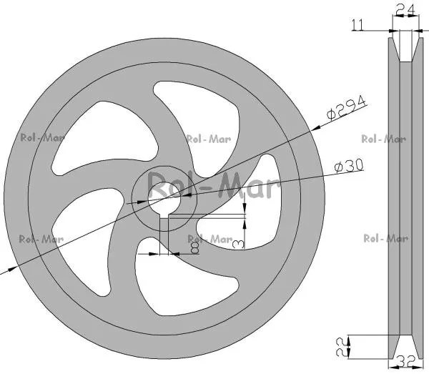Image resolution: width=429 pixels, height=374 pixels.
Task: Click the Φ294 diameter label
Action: click(x=346, y=108)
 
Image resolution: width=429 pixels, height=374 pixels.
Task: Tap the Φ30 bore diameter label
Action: click(x=349, y=166)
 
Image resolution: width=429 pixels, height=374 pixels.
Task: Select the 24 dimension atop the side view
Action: click(x=405, y=11)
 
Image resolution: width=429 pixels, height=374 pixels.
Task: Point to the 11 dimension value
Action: click(x=358, y=25)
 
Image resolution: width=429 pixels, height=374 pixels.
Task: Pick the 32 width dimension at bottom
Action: click(x=405, y=363)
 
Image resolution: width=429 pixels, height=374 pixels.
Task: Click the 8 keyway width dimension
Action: click(x=195, y=248)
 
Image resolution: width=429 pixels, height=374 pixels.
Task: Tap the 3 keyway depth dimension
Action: click(x=237, y=244)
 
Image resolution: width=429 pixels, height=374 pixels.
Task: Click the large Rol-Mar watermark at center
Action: click(x=213, y=185)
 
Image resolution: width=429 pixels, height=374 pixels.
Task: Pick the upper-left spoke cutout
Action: click(x=107, y=137)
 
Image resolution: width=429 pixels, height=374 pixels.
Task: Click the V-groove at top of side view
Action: click(x=405, y=49)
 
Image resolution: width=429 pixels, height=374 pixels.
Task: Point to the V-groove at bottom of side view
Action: click(x=405, y=347)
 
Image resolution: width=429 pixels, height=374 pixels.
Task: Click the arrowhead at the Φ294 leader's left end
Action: click(x=11, y=270)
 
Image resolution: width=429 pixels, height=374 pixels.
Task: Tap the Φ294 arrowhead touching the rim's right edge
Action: click(x=317, y=127)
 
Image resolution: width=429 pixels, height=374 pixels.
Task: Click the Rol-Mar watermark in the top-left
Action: click(x=43, y=137)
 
